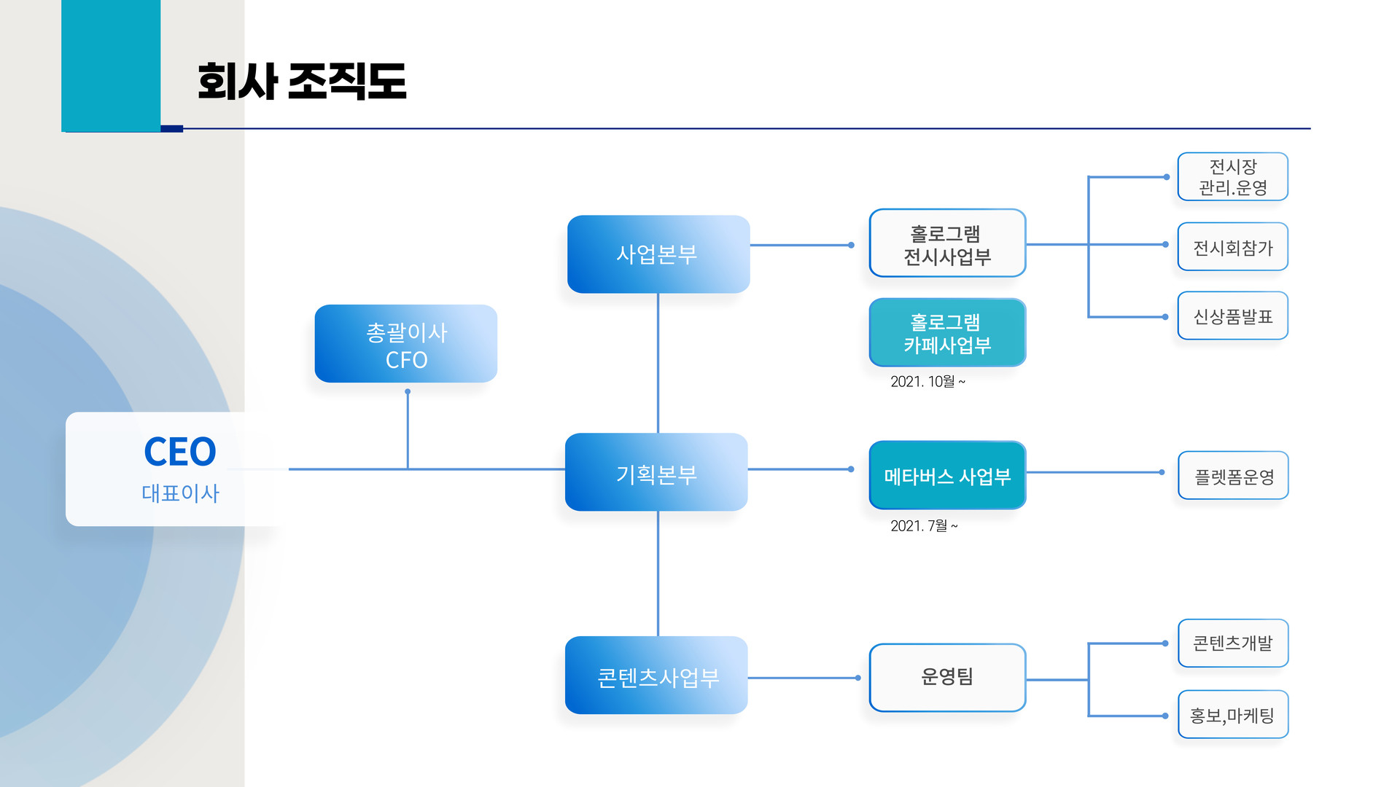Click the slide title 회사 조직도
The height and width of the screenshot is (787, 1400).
pyautogui.click(x=302, y=81)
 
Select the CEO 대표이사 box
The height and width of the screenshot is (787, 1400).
pyautogui.click(x=175, y=469)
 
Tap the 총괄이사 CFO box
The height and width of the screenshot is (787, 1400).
pyautogui.click(x=406, y=344)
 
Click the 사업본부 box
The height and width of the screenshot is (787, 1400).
pyautogui.click(x=658, y=254)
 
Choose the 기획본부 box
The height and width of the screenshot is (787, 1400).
pyautogui.click(x=656, y=472)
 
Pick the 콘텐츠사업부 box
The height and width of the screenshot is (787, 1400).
pyautogui.click(x=656, y=676)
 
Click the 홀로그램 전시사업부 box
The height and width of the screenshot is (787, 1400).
pyautogui.click(x=947, y=243)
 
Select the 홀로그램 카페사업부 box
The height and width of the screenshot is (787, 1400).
pyautogui.click(x=947, y=332)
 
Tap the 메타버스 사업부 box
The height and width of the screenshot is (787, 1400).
pyautogui.click(x=947, y=475)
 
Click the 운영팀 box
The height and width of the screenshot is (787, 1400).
pyautogui.click(x=947, y=678)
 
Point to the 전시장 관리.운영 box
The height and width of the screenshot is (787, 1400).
pyautogui.click(x=1233, y=176)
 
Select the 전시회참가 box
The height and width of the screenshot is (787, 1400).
pyautogui.click(x=1233, y=246)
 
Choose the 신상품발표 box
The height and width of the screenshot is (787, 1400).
pyautogui.click(x=1233, y=316)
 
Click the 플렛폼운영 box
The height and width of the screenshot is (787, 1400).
pyautogui.click(x=1233, y=475)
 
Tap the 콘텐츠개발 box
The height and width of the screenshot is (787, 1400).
pyautogui.click(x=1233, y=643)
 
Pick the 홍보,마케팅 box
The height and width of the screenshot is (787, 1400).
pyautogui.click(x=1233, y=714)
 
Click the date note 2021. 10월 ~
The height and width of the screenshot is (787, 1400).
pyautogui.click(x=927, y=381)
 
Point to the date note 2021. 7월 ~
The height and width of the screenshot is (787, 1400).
pyautogui.click(x=924, y=525)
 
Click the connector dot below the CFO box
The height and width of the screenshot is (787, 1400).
pyautogui.click(x=408, y=391)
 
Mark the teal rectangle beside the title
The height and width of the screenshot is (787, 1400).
pyautogui.click(x=111, y=66)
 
